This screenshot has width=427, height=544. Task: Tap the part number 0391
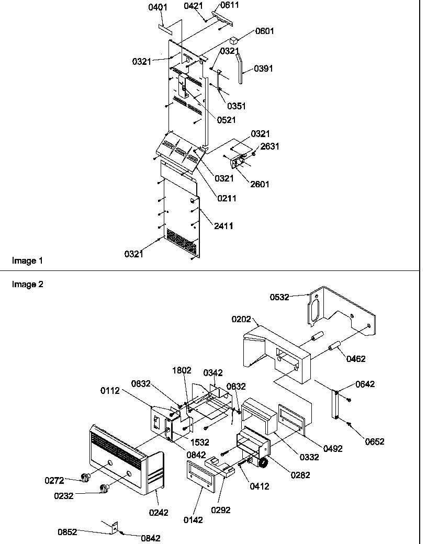tap(263, 69)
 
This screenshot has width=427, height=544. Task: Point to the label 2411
tap(223, 226)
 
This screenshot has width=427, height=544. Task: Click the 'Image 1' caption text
tap(25, 260)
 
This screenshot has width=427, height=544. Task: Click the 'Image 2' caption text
tap(25, 285)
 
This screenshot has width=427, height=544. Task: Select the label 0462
tap(355, 359)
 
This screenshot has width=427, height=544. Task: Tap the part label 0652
tap(375, 441)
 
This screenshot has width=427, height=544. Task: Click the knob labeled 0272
tap(84, 477)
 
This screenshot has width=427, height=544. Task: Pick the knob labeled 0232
tap(105, 489)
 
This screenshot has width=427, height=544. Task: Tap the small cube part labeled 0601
tap(234, 40)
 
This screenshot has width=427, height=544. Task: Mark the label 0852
tap(68, 532)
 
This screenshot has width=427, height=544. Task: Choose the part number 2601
tap(260, 184)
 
